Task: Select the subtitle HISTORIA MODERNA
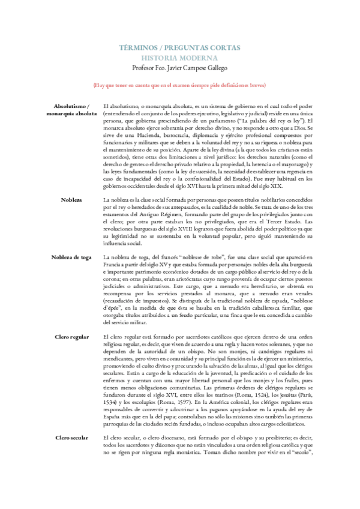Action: click(180, 58)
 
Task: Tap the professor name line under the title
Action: click(180, 69)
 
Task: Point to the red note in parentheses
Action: click(180, 86)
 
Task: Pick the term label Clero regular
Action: click(71, 337)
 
